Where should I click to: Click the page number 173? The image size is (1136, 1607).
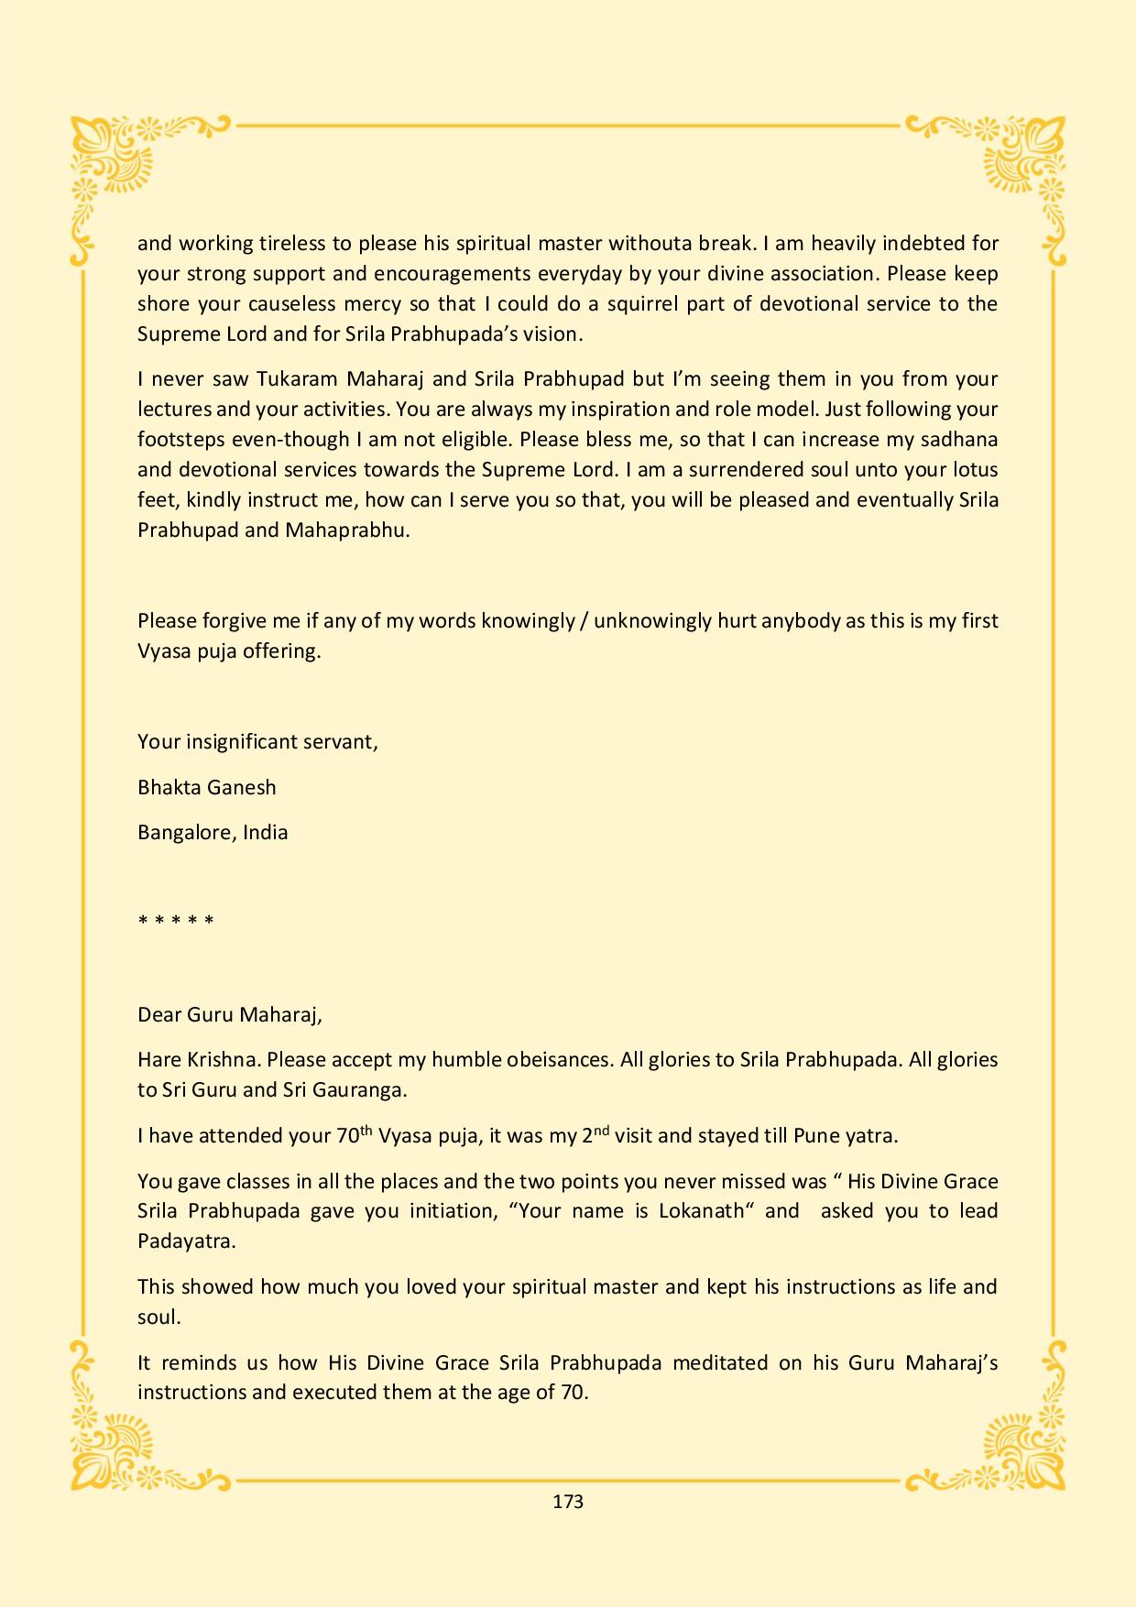coord(568,1501)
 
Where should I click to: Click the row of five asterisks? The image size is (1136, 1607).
coord(176,920)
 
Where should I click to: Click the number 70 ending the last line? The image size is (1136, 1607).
coord(572,1392)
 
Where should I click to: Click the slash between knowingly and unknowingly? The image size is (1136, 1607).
coord(584,620)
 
